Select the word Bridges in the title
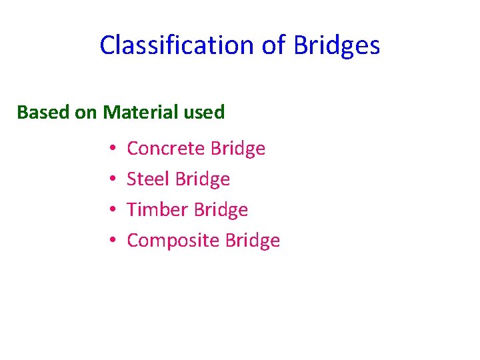[x=335, y=45]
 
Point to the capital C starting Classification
[x=107, y=45]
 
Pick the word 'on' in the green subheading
[x=86, y=112]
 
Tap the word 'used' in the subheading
[x=203, y=112]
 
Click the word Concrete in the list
[x=165, y=148]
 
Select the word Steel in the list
[x=148, y=179]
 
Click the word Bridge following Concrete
[x=237, y=148]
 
